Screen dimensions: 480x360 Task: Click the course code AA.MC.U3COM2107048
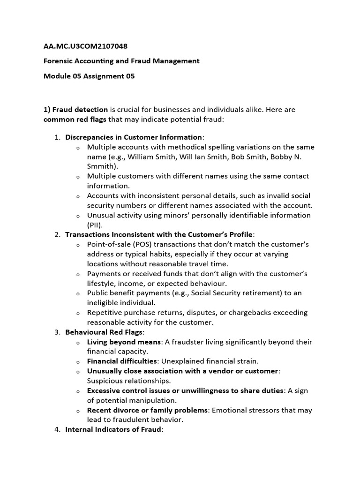tap(85, 46)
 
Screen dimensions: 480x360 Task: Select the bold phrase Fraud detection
tap(80, 109)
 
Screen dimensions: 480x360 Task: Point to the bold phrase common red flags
tap(75, 120)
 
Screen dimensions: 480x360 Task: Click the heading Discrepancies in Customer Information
tap(134, 137)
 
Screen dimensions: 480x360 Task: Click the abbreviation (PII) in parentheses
tap(96, 225)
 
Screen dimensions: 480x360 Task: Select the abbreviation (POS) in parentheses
tap(142, 244)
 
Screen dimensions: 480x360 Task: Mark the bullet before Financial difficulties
tap(78, 362)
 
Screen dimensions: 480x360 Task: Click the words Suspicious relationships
tap(129, 381)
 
